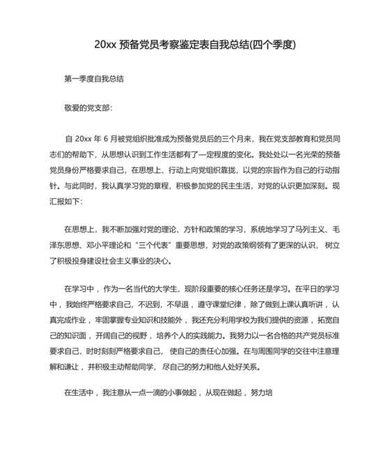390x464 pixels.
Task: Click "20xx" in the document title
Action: [105, 45]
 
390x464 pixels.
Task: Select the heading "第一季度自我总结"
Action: [94, 80]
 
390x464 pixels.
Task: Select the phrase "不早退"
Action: [180, 305]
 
